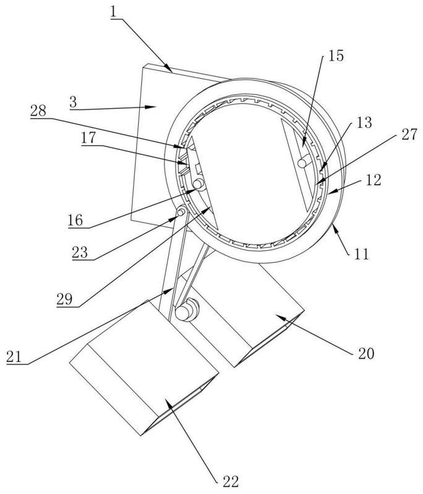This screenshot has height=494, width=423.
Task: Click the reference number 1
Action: [x=114, y=12]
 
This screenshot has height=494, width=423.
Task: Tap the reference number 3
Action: [x=73, y=103]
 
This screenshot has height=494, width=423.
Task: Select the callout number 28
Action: [x=38, y=111]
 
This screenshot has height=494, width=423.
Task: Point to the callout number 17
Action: [x=88, y=138]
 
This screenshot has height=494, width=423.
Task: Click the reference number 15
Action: [x=336, y=56]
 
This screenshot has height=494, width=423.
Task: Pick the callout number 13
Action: [x=364, y=122]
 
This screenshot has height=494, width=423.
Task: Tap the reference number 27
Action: [x=409, y=135]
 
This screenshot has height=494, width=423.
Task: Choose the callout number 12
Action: [x=374, y=180]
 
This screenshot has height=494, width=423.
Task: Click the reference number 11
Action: [x=362, y=254]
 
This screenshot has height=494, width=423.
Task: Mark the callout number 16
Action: [x=75, y=220]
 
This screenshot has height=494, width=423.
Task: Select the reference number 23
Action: [x=80, y=253]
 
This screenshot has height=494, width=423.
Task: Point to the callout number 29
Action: [x=65, y=299]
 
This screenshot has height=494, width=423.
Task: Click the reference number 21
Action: [x=14, y=357]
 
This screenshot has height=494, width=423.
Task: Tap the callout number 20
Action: [x=366, y=353]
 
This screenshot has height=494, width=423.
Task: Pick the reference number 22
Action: [x=231, y=482]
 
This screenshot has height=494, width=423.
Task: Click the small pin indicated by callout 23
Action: [x=181, y=212]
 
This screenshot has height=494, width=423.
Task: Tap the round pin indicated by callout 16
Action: [x=199, y=184]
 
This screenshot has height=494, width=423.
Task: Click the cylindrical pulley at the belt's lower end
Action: [x=186, y=311]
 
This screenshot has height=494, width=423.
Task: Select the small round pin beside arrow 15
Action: [x=303, y=162]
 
